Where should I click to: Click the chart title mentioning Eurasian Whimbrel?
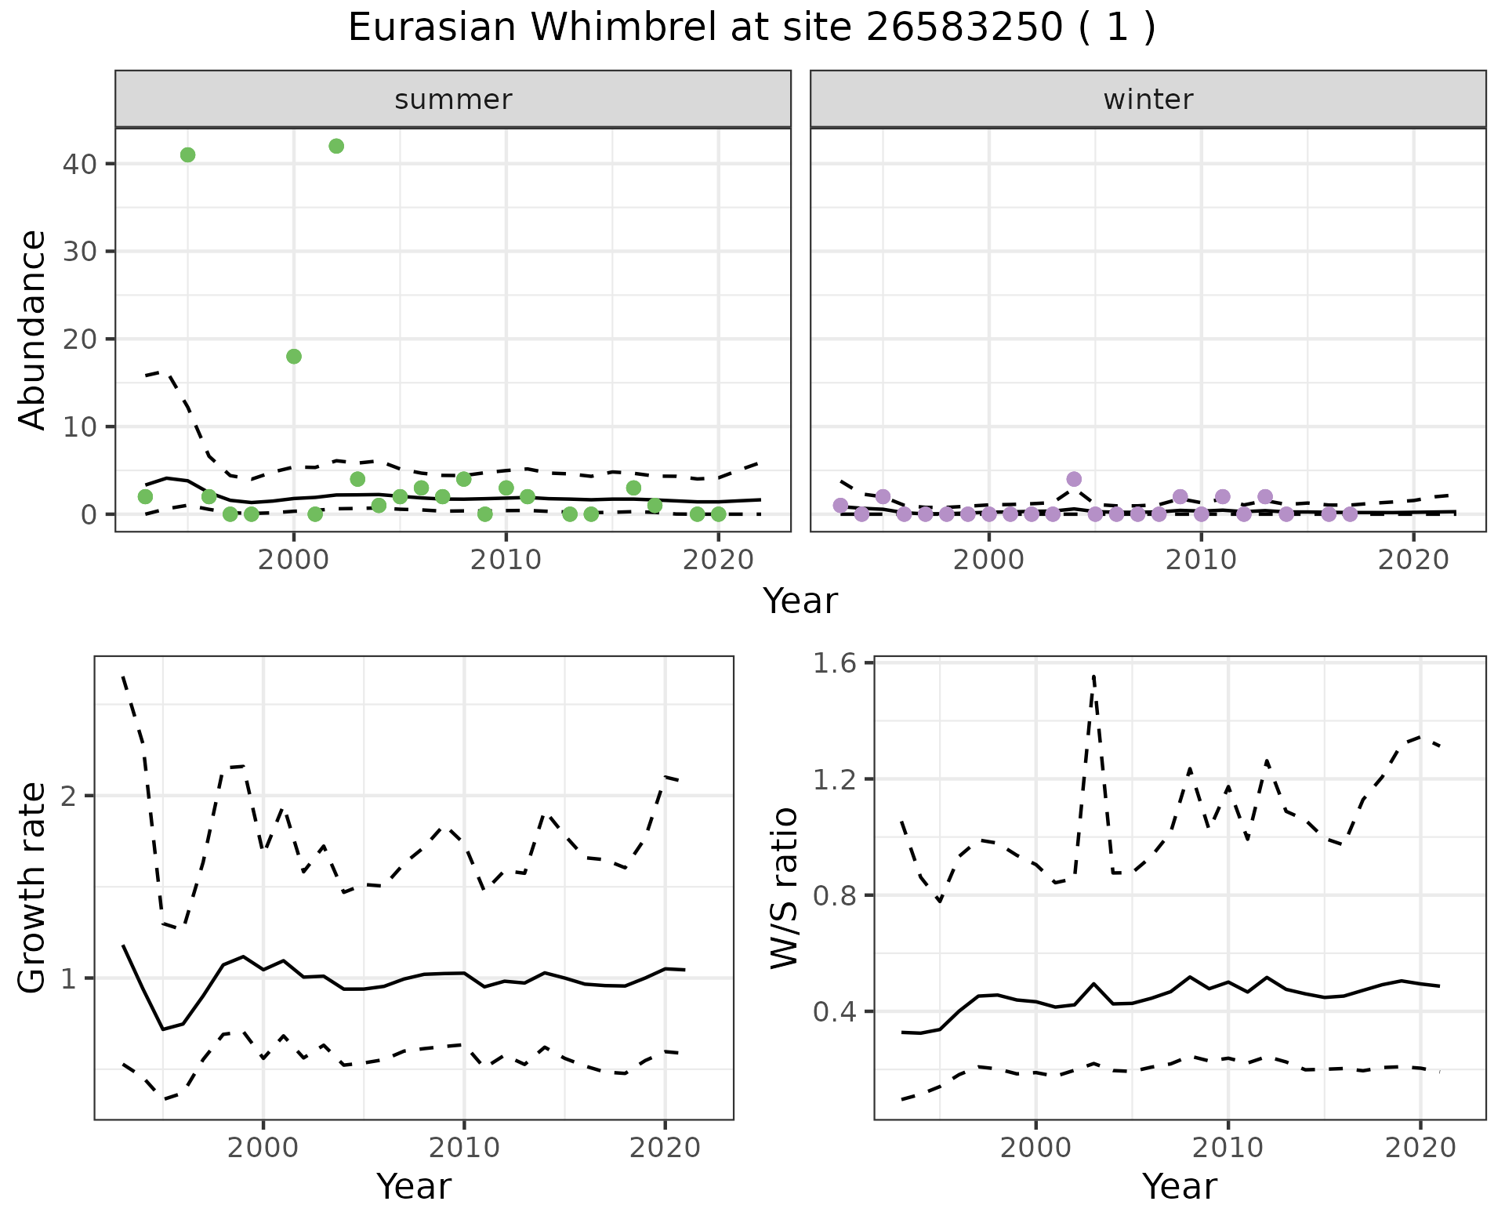[x=752, y=29]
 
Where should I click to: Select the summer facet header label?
[x=452, y=100]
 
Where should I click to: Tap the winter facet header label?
[x=1148, y=100]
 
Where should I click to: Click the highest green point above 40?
[x=336, y=146]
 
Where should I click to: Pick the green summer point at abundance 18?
[x=294, y=357]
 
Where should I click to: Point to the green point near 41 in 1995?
[x=187, y=154]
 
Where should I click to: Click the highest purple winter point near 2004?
[x=1074, y=479]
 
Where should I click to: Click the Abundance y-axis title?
[x=33, y=330]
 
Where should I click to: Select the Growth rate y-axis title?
[x=33, y=888]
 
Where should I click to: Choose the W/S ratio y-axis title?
[x=784, y=888]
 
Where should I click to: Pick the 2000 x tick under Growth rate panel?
[x=263, y=1148]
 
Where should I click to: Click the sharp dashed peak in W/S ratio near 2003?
[x=1093, y=676]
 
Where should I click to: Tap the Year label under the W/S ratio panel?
[x=1179, y=1187]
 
